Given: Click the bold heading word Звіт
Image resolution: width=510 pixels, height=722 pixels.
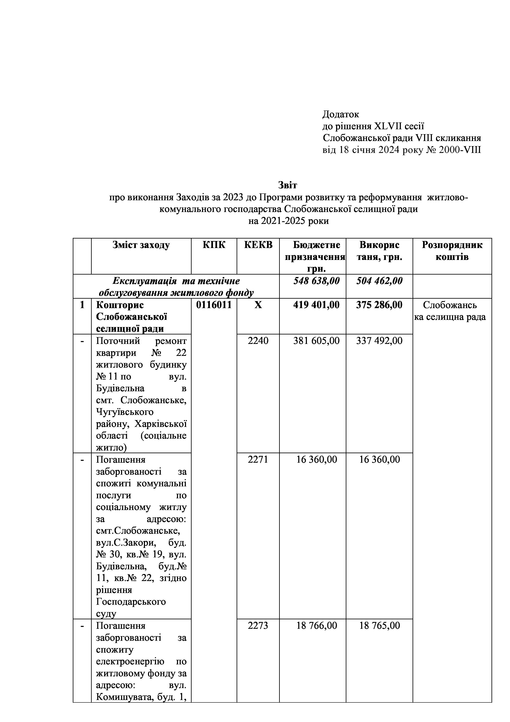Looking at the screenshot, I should tap(287, 185).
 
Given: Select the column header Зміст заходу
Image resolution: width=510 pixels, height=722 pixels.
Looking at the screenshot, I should tap(141, 245).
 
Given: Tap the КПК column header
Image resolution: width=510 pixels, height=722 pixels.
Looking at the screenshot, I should tap(214, 245).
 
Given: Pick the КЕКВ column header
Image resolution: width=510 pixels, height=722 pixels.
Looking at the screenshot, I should tap(258, 245).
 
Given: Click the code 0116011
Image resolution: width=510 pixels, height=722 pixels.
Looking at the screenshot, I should tap(214, 305).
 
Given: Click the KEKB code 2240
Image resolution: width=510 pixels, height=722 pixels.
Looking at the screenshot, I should tap(258, 341).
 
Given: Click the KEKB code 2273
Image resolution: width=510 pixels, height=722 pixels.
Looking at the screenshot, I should tap(258, 626).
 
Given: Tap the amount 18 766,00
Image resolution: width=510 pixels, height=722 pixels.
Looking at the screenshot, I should tap(317, 626).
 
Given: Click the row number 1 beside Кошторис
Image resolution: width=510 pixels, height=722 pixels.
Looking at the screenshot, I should tap(82, 305).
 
